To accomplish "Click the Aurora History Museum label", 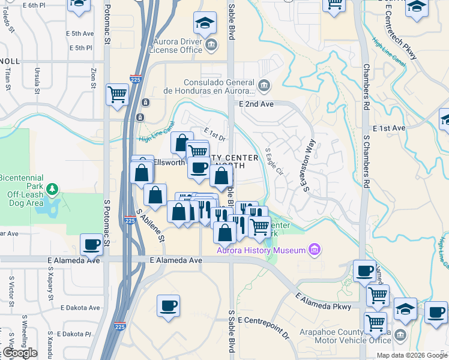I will pos(261,250).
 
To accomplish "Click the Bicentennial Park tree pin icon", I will pos(53,190).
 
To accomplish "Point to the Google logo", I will pos(19,353).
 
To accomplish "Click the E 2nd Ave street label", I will pos(256,104).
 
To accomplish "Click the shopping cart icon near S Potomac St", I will pos(117,94).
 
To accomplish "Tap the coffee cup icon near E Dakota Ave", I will pos(168,305).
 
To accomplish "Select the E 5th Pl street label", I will pos(80,47).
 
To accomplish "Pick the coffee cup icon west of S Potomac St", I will pos(92,244).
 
